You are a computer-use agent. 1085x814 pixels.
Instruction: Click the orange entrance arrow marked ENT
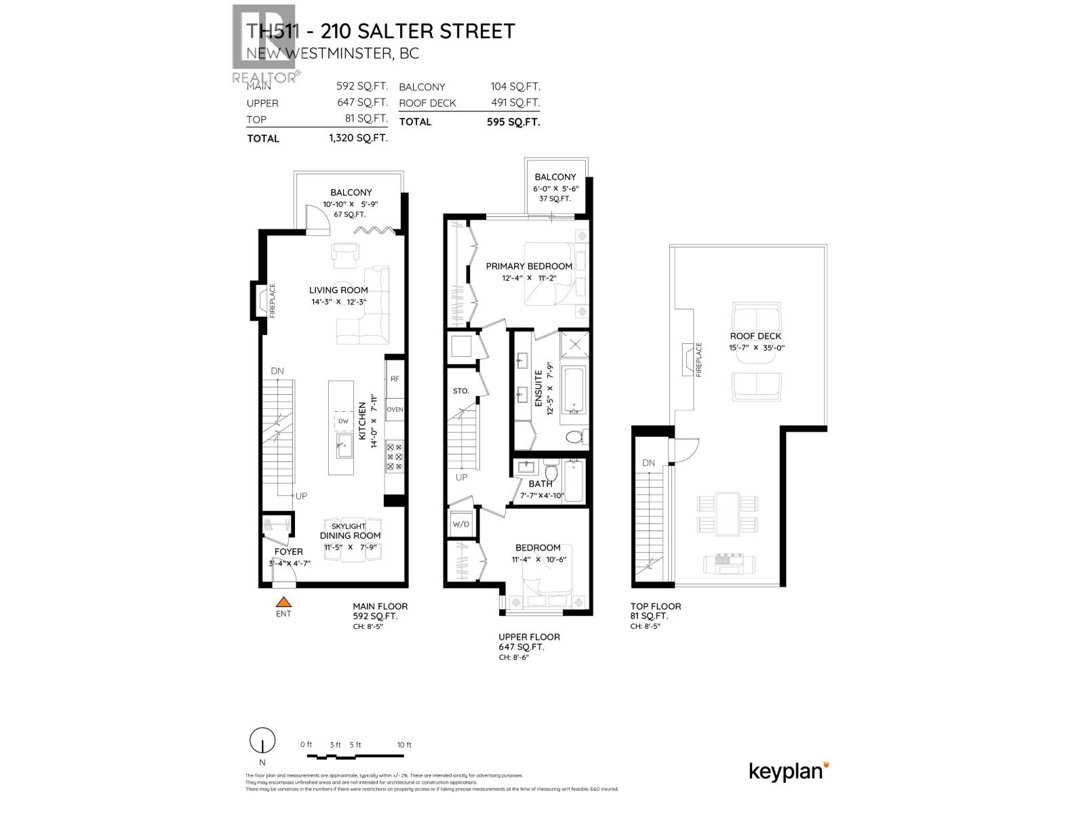click(x=283, y=602)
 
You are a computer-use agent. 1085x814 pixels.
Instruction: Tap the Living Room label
click(x=338, y=290)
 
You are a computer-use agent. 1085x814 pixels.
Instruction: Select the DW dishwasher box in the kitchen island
click(x=343, y=421)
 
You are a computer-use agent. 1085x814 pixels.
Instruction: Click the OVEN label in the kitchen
click(x=395, y=409)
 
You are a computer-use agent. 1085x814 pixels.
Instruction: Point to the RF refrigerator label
click(x=395, y=380)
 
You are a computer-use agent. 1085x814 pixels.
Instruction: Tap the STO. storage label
click(x=461, y=391)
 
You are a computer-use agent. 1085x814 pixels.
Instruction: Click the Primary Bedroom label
click(x=529, y=266)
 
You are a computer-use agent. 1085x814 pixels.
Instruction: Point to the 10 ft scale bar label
click(x=404, y=745)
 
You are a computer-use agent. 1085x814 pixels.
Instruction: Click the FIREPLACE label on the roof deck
click(x=698, y=360)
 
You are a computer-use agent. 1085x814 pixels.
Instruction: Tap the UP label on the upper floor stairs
click(x=462, y=478)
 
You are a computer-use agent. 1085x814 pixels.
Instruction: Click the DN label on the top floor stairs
click(x=648, y=463)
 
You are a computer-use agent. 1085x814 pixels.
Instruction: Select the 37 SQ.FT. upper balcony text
click(x=555, y=199)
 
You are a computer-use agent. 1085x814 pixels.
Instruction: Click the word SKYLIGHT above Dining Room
click(x=349, y=526)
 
